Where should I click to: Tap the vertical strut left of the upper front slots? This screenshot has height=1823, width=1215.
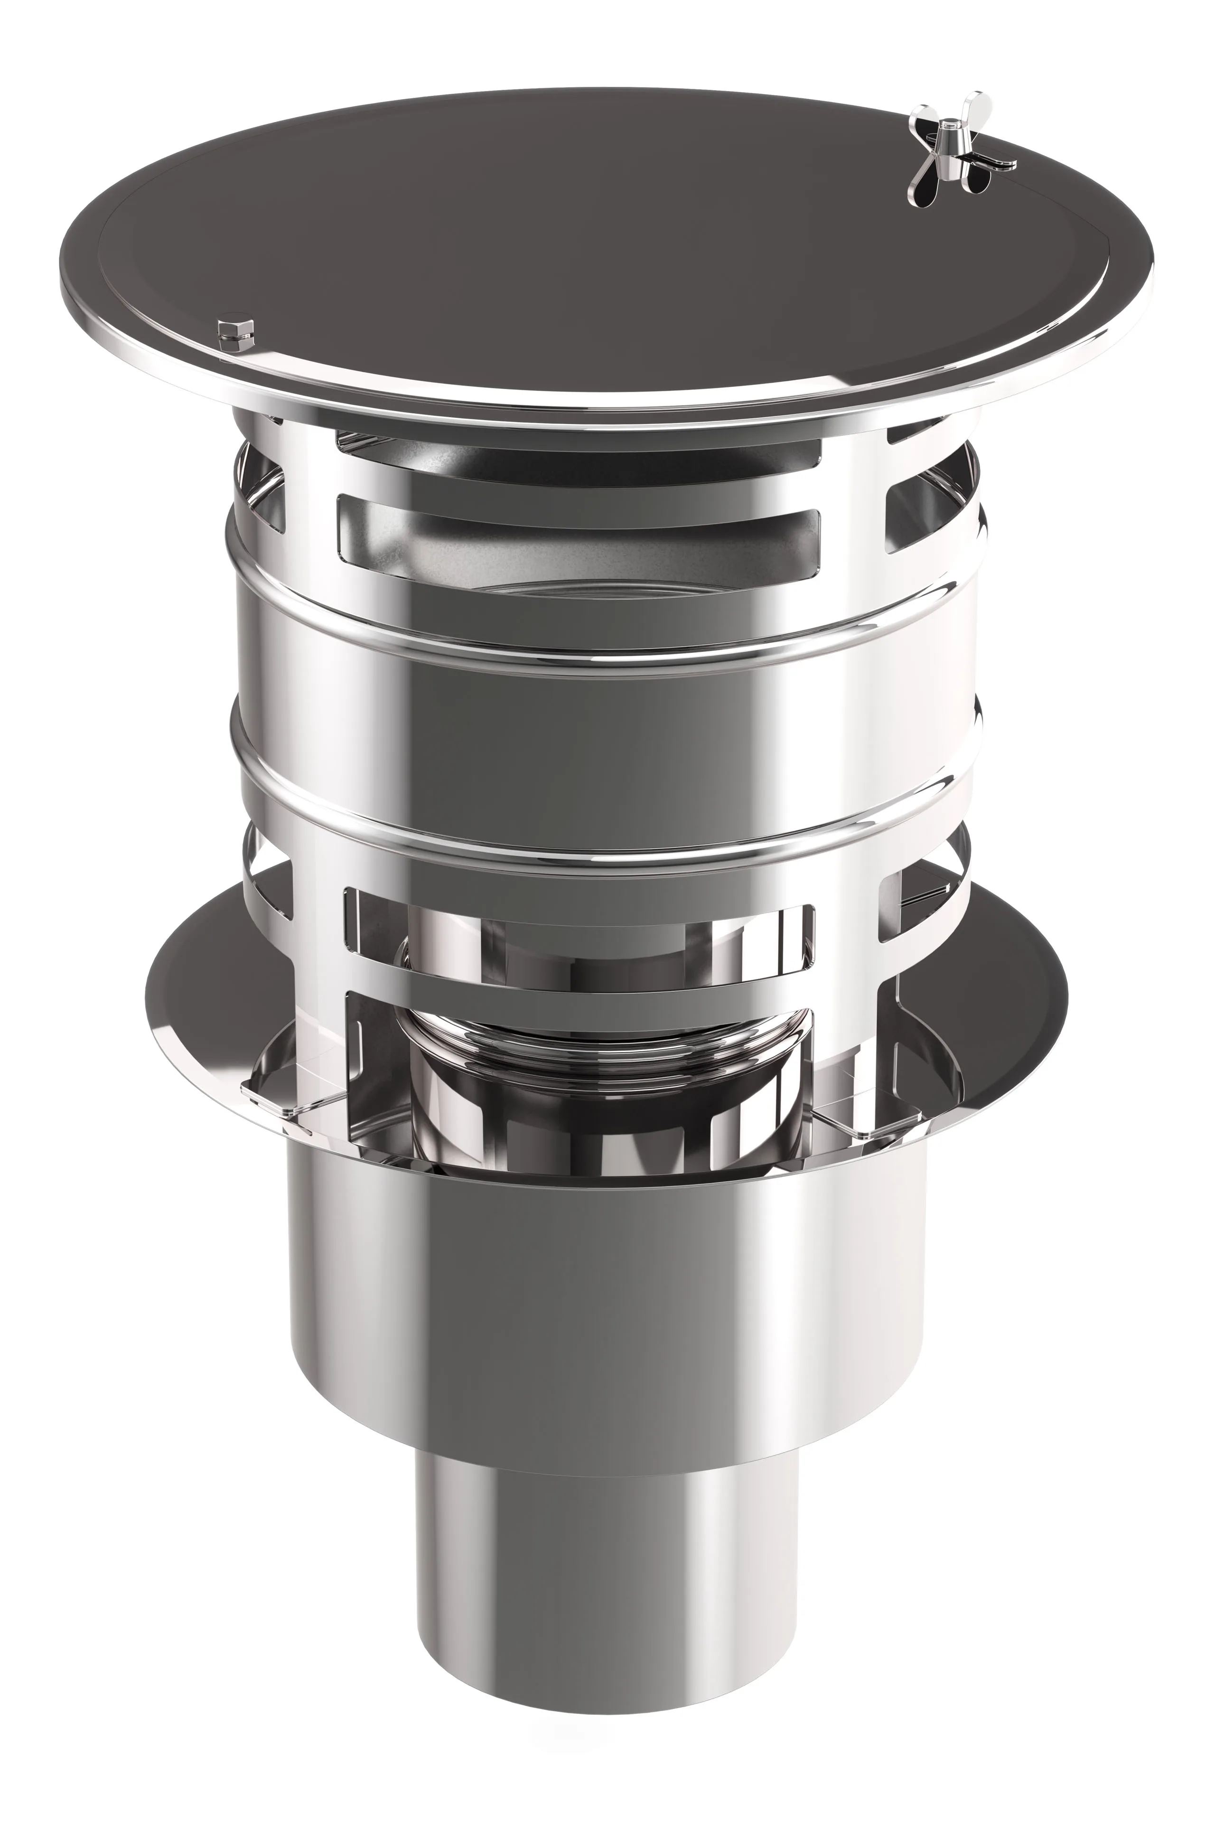pyautogui.click(x=310, y=504)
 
